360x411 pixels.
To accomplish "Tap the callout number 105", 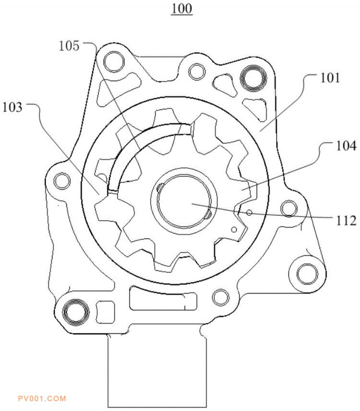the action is [x=69, y=46].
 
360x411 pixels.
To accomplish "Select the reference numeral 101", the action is [x=330, y=78].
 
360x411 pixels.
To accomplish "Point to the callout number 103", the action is [x=12, y=107].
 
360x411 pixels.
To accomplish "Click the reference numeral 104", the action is [x=346, y=145].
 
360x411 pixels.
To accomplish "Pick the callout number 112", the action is [x=346, y=221].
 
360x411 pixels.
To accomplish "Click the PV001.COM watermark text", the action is [x=42, y=399].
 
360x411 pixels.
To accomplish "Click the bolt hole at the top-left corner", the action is [x=114, y=62].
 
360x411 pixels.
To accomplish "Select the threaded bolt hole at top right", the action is [x=253, y=78].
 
